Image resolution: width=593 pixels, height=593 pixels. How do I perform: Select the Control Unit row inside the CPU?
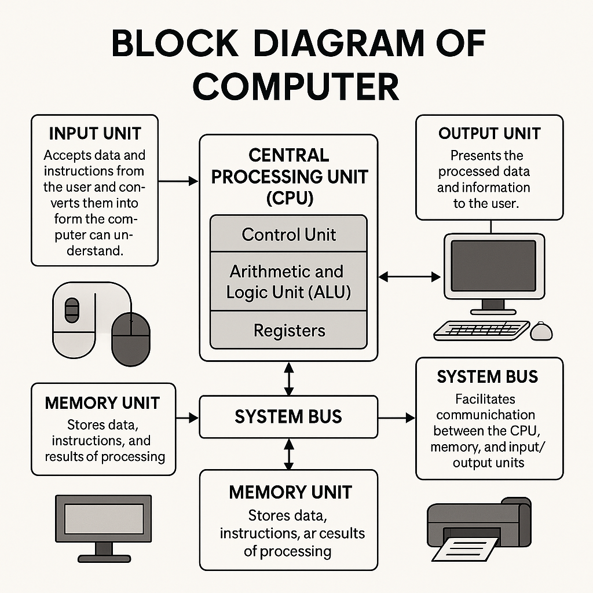pyautogui.click(x=288, y=235)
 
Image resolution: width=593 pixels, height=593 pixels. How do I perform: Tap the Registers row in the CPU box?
pyautogui.click(x=289, y=331)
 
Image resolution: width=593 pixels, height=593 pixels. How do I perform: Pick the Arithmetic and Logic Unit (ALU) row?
pyautogui.click(x=288, y=281)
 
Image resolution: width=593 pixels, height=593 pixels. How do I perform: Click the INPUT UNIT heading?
pyautogui.click(x=94, y=133)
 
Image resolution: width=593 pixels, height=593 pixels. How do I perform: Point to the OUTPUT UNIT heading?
pyautogui.click(x=489, y=133)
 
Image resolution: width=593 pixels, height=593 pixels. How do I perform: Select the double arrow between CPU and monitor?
pyautogui.click(x=409, y=277)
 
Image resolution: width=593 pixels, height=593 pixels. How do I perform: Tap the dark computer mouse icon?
pyautogui.click(x=130, y=339)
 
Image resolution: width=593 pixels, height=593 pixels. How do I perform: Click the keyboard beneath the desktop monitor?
pyautogui.click(x=481, y=331)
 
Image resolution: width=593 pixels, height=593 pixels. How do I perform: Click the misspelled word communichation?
pyautogui.click(x=486, y=415)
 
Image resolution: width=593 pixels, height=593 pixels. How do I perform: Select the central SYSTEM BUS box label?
pyautogui.click(x=288, y=416)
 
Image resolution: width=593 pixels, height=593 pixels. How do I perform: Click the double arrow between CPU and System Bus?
pyautogui.click(x=289, y=378)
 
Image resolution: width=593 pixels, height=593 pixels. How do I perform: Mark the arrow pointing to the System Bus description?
pyautogui.click(x=397, y=417)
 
